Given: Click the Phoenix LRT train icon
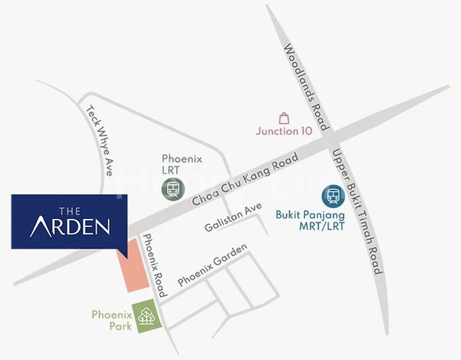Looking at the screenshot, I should pos(173,190).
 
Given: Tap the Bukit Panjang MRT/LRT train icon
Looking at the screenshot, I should pos(333,196).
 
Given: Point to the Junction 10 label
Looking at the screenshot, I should pos(284,131).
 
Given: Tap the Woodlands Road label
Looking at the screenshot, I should pos(306,87).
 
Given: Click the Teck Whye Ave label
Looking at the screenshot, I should pos(100,140).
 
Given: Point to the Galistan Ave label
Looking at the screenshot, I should pos(233,218).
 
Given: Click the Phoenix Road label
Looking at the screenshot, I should pos(153,265).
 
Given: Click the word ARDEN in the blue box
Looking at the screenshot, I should pos(70,226).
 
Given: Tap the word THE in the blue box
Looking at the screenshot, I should pos(70,210).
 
